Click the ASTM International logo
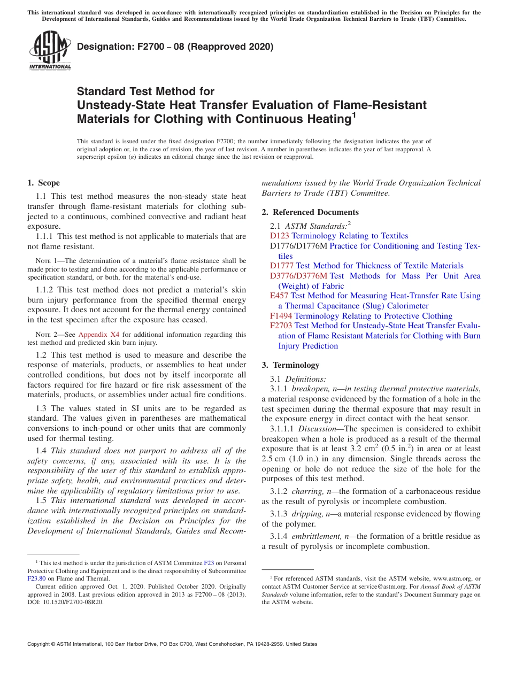50,50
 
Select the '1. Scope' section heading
44,183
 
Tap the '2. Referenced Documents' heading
310,212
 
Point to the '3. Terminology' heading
290,365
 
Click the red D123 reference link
280,236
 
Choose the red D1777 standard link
282,266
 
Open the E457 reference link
279,296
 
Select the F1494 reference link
281,316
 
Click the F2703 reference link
281,326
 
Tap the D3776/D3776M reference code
298,276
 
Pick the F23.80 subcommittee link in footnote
36,578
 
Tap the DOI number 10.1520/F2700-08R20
74,602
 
